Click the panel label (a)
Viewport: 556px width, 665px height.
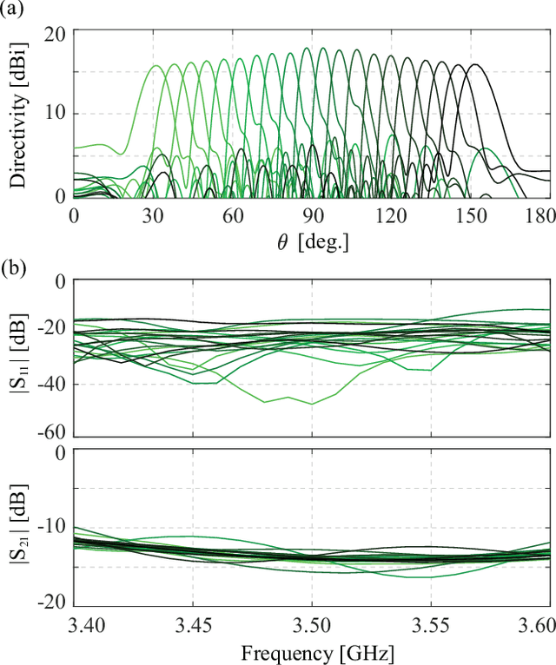click(x=13, y=10)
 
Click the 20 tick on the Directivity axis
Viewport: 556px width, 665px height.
click(x=56, y=32)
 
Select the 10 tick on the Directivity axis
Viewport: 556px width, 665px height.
click(x=56, y=114)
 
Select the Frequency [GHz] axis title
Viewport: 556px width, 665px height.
click(x=312, y=651)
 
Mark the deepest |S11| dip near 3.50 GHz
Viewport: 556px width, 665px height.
click(x=312, y=404)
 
